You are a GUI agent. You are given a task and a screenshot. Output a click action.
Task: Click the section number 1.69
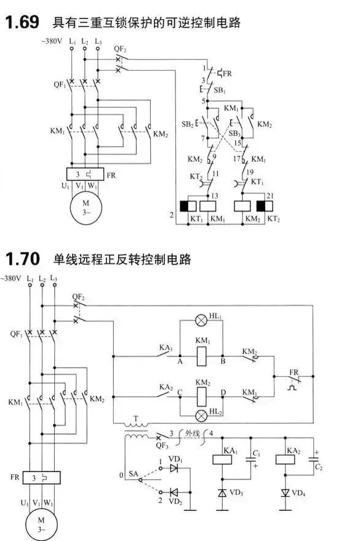coord(22,22)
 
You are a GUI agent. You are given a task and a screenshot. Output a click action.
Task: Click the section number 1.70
coord(22,258)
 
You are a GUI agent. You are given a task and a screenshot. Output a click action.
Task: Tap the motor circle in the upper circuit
coord(86,207)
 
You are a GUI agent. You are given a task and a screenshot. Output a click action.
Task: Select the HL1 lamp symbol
coord(201,321)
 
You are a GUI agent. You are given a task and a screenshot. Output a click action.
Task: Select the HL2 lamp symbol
coord(201,416)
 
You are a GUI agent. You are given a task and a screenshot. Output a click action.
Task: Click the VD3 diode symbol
coord(222,493)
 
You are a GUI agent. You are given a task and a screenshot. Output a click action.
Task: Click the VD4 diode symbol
coord(285,493)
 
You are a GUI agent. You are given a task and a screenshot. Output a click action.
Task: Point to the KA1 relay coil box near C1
coord(222,460)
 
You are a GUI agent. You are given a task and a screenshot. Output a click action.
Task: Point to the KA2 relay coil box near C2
coord(285,460)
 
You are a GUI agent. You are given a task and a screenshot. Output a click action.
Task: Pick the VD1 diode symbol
coord(174,468)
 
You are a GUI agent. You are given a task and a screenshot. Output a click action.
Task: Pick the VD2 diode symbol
coord(174,492)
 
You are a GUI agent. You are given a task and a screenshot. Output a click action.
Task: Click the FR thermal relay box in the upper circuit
coord(85,174)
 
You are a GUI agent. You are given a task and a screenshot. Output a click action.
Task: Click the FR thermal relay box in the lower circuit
coord(42,478)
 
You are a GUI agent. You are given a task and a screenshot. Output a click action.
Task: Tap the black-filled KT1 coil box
coord(188,206)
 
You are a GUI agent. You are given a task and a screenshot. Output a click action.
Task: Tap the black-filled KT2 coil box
coord(265,206)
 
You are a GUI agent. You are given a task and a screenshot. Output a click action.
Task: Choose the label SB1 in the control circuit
coord(220,90)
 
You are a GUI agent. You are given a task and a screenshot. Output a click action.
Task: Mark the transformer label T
coord(136,419)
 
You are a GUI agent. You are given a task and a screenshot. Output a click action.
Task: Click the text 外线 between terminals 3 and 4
coord(192,433)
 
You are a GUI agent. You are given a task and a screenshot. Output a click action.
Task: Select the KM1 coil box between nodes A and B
coord(202,356)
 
